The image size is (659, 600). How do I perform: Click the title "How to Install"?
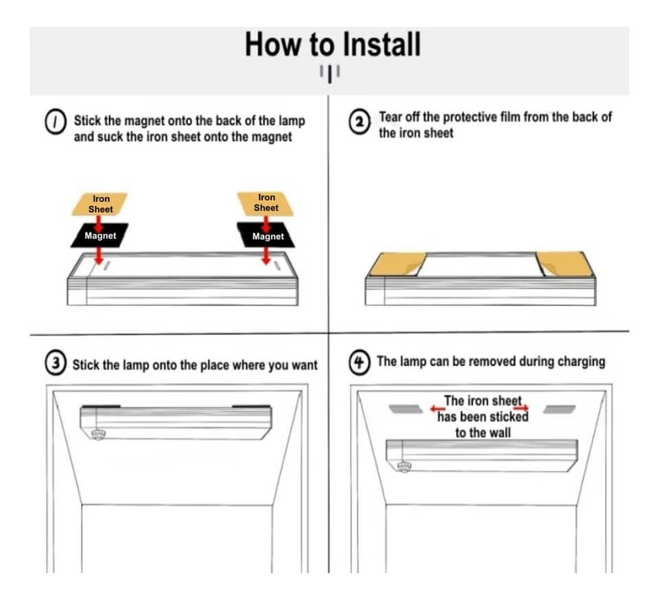click(x=332, y=44)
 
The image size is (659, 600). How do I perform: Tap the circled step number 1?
click(x=55, y=122)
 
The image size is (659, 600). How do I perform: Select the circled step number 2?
click(x=359, y=122)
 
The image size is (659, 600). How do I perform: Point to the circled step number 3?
click(x=56, y=362)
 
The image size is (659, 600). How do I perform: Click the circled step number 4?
click(x=359, y=362)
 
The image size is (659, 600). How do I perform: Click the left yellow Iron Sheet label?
click(x=100, y=204)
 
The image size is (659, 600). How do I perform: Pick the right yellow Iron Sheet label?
click(x=265, y=203)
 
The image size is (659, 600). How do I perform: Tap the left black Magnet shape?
click(x=100, y=235)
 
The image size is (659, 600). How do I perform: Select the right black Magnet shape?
click(x=266, y=235)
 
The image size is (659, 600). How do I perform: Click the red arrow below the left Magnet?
click(x=99, y=255)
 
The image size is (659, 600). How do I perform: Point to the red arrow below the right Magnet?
click(x=266, y=255)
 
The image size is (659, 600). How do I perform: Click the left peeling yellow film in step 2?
click(x=397, y=264)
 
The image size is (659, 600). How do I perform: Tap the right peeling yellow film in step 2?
click(x=565, y=264)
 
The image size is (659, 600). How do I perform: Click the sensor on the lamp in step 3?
click(x=98, y=434)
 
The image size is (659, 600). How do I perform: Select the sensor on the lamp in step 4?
click(x=404, y=466)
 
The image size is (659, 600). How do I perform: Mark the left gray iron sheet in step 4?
click(x=406, y=409)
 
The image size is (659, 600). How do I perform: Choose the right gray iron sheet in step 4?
click(x=559, y=409)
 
